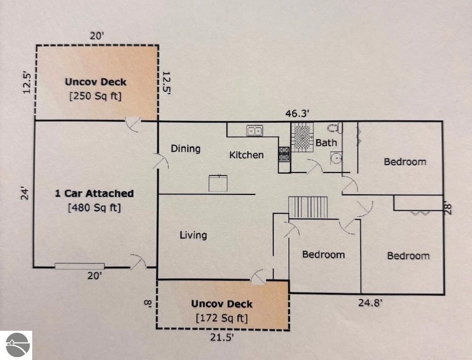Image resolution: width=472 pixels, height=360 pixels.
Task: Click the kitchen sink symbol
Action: point(255,131)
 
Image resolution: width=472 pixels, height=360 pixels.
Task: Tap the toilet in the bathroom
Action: point(335,128)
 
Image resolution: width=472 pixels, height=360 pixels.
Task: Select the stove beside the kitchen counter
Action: point(284,154)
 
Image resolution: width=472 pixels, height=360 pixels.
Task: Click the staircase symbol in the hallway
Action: point(308,207)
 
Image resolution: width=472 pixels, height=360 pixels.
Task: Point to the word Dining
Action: point(185,149)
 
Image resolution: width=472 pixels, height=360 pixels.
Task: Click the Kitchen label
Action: point(246,155)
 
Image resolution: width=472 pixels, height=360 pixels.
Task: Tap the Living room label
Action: point(193,236)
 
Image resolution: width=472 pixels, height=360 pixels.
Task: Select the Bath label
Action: point(326,143)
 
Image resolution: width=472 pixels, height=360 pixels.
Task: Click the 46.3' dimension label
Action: point(297,114)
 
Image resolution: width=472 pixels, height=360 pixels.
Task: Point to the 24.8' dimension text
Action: point(370,302)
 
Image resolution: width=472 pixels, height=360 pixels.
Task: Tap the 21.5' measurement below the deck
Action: point(222,337)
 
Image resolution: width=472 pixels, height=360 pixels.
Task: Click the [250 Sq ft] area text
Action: point(95,96)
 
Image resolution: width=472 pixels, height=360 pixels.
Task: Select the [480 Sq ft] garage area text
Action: point(95,208)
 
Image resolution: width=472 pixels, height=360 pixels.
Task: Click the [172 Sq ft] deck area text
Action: point(222,318)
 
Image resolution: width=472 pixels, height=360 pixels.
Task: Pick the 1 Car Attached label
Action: point(94,193)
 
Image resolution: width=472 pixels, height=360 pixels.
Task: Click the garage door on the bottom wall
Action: point(79,266)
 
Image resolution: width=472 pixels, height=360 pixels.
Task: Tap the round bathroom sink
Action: point(336,158)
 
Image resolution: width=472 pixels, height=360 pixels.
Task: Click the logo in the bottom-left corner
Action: point(16,345)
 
